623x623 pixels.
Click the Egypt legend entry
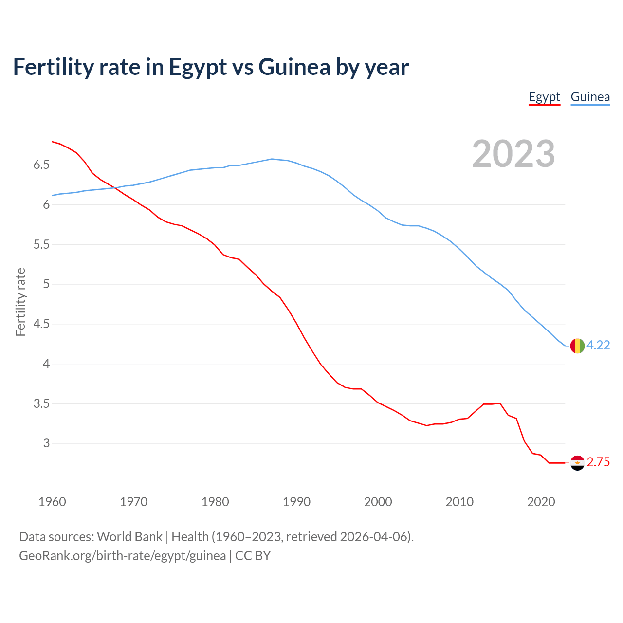click(x=544, y=97)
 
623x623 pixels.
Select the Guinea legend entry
click(x=590, y=97)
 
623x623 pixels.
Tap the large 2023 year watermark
click(x=513, y=154)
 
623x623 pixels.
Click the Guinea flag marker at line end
click(x=577, y=346)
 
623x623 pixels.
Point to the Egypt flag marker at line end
click(x=577, y=463)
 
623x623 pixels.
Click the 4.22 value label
click(x=598, y=345)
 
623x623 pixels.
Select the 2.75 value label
click(x=598, y=462)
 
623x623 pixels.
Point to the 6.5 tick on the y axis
click(x=41, y=165)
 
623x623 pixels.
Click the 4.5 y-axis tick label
click(x=41, y=324)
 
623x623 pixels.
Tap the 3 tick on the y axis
click(x=46, y=443)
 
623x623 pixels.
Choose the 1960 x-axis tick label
click(x=52, y=502)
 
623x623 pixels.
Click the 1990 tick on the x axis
click(x=296, y=502)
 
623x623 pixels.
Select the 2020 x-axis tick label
click(x=541, y=502)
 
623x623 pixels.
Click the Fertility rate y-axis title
click(x=20, y=302)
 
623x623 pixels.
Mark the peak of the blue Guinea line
click(x=272, y=159)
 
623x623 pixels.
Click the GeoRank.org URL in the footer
click(x=122, y=556)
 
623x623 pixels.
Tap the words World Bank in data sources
click(x=129, y=537)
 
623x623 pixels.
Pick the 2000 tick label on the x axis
click(x=378, y=502)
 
